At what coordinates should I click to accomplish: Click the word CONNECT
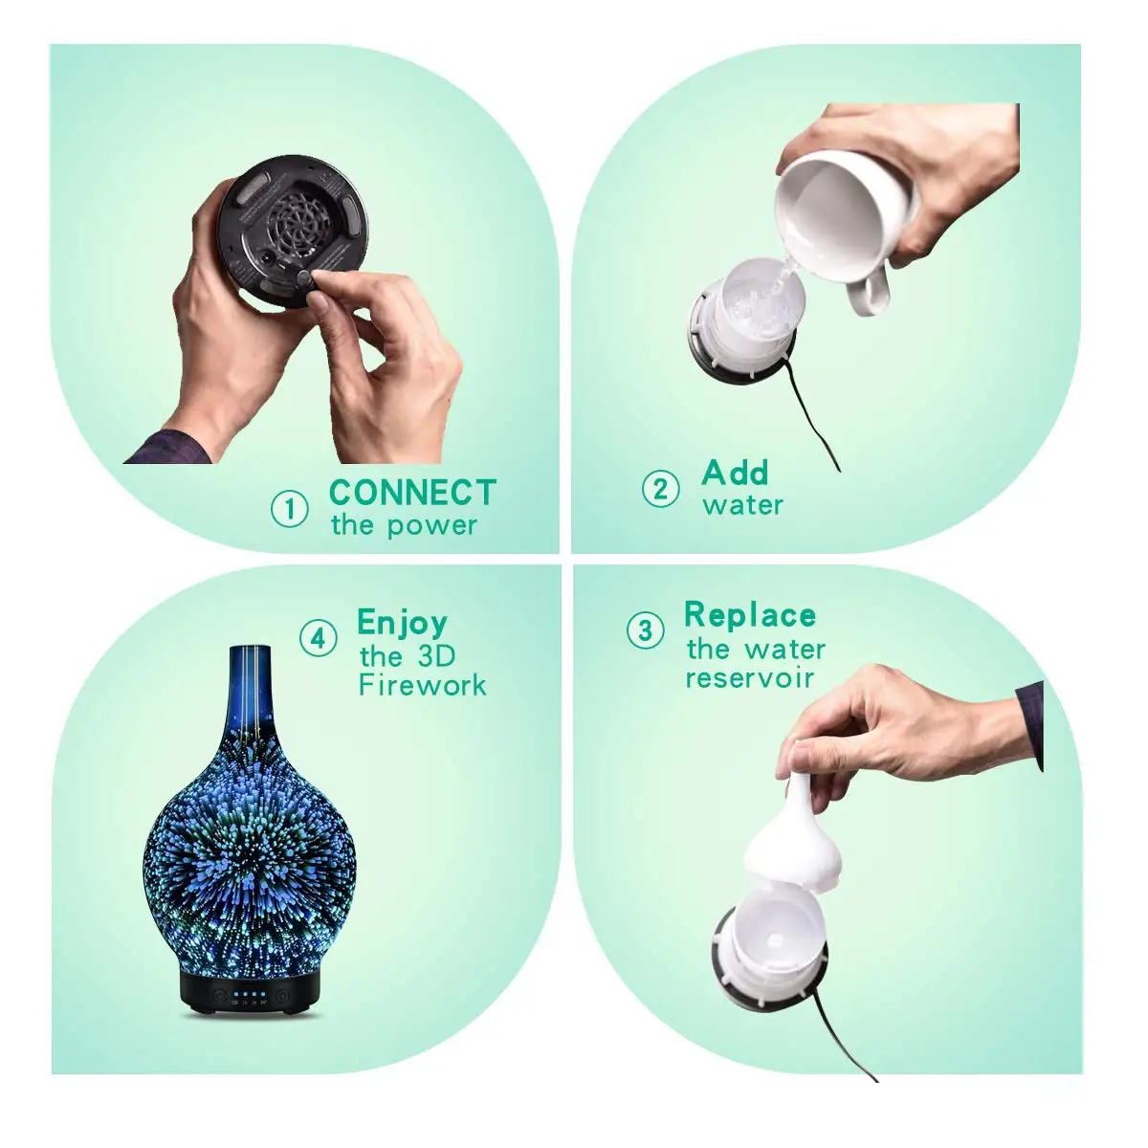coord(412,493)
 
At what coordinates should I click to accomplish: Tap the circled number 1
coord(290,508)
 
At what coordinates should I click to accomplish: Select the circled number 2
coord(660,489)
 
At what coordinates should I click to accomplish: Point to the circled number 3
coord(645,630)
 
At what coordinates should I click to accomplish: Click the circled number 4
coord(319,638)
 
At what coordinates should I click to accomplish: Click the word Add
coord(735,473)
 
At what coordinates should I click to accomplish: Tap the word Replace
coord(750,615)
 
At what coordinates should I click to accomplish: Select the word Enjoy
coord(402,623)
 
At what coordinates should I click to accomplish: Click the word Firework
coord(422,685)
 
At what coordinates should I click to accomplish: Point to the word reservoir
coord(749,678)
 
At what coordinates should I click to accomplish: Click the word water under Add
coord(742,505)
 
